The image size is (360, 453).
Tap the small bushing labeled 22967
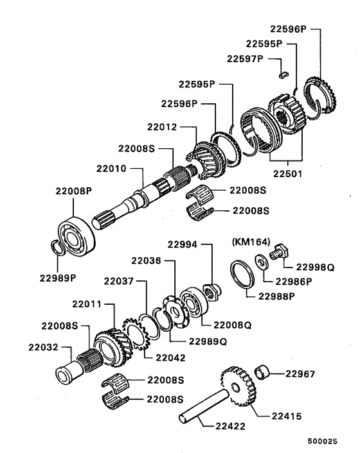click(262, 372)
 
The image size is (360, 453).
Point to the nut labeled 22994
click(210, 290)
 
